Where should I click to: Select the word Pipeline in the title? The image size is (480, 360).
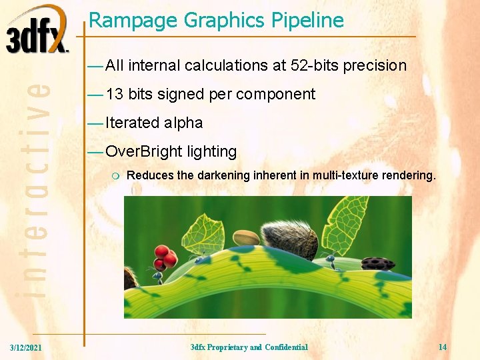pyautogui.click(x=308, y=21)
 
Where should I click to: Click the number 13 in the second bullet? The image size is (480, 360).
pyautogui.click(x=114, y=94)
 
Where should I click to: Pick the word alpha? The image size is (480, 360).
pyautogui.click(x=183, y=123)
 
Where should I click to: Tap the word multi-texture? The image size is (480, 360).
pyautogui.click(x=353, y=175)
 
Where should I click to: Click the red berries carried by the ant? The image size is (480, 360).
pyautogui.click(x=164, y=256)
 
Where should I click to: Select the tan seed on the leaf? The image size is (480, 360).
pyautogui.click(x=245, y=238)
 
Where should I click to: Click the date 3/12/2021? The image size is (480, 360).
pyautogui.click(x=25, y=347)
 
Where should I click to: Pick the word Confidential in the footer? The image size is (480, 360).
pyautogui.click(x=286, y=347)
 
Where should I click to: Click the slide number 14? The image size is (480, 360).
pyautogui.click(x=443, y=347)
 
